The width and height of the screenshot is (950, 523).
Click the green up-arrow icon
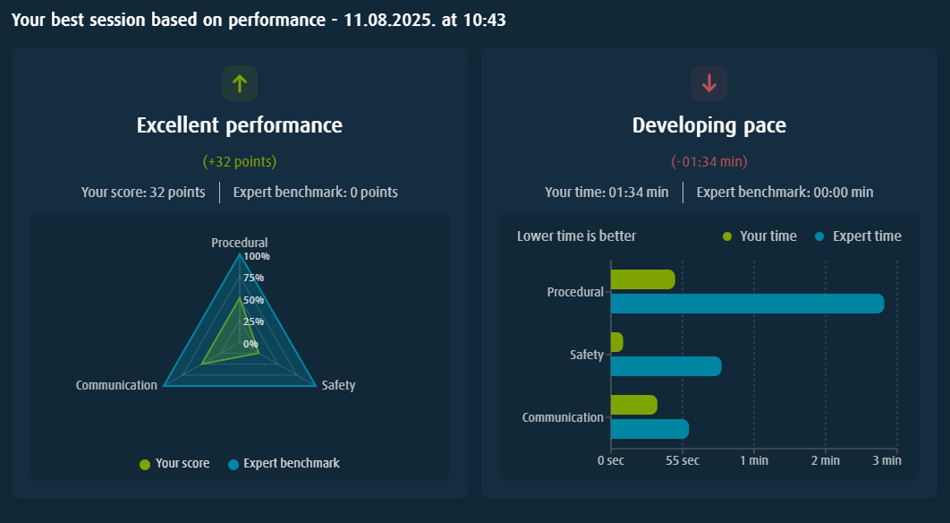(239, 83)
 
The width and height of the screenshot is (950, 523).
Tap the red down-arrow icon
(709, 83)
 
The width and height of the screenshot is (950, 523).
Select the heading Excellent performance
(239, 125)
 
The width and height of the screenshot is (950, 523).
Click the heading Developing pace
(709, 125)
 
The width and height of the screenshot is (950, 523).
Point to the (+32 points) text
(239, 162)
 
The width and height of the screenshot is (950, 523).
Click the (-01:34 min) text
(709, 162)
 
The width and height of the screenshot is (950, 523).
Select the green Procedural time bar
(642, 279)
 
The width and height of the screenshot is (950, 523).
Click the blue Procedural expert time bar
(747, 304)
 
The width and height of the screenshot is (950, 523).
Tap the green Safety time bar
(616, 342)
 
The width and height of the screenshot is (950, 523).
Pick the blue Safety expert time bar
(666, 366)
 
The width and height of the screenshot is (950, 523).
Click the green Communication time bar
(633, 405)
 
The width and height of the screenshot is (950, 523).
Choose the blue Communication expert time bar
(649, 429)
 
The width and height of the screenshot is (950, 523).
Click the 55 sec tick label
(683, 460)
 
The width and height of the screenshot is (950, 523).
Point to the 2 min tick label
(825, 460)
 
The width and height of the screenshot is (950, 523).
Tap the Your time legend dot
(726, 236)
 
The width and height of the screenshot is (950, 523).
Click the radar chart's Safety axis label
(338, 385)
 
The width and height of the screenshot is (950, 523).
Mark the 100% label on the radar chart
(257, 256)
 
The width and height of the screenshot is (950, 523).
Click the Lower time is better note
(576, 236)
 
